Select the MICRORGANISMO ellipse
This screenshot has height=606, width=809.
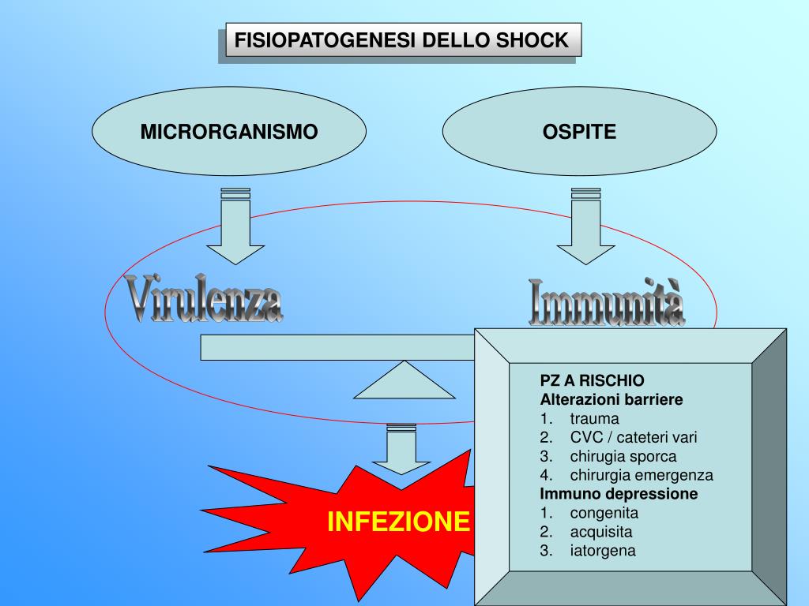click(x=229, y=132)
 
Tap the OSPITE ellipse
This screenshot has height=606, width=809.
click(x=579, y=132)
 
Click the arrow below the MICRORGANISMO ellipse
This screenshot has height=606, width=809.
click(x=229, y=229)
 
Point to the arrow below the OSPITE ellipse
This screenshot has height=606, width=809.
click(x=585, y=229)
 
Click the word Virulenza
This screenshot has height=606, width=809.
click(x=205, y=300)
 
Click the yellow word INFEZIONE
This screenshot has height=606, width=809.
click(x=399, y=521)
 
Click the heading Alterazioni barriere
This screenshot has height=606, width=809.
click(x=611, y=399)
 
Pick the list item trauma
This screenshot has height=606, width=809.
click(x=594, y=418)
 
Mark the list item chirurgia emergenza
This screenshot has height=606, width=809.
click(x=641, y=475)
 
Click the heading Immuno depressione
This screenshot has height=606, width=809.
click(x=619, y=494)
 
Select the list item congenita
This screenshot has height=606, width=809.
click(x=604, y=513)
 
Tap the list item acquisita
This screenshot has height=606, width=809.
click(x=601, y=532)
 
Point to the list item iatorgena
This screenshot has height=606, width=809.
click(x=602, y=551)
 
